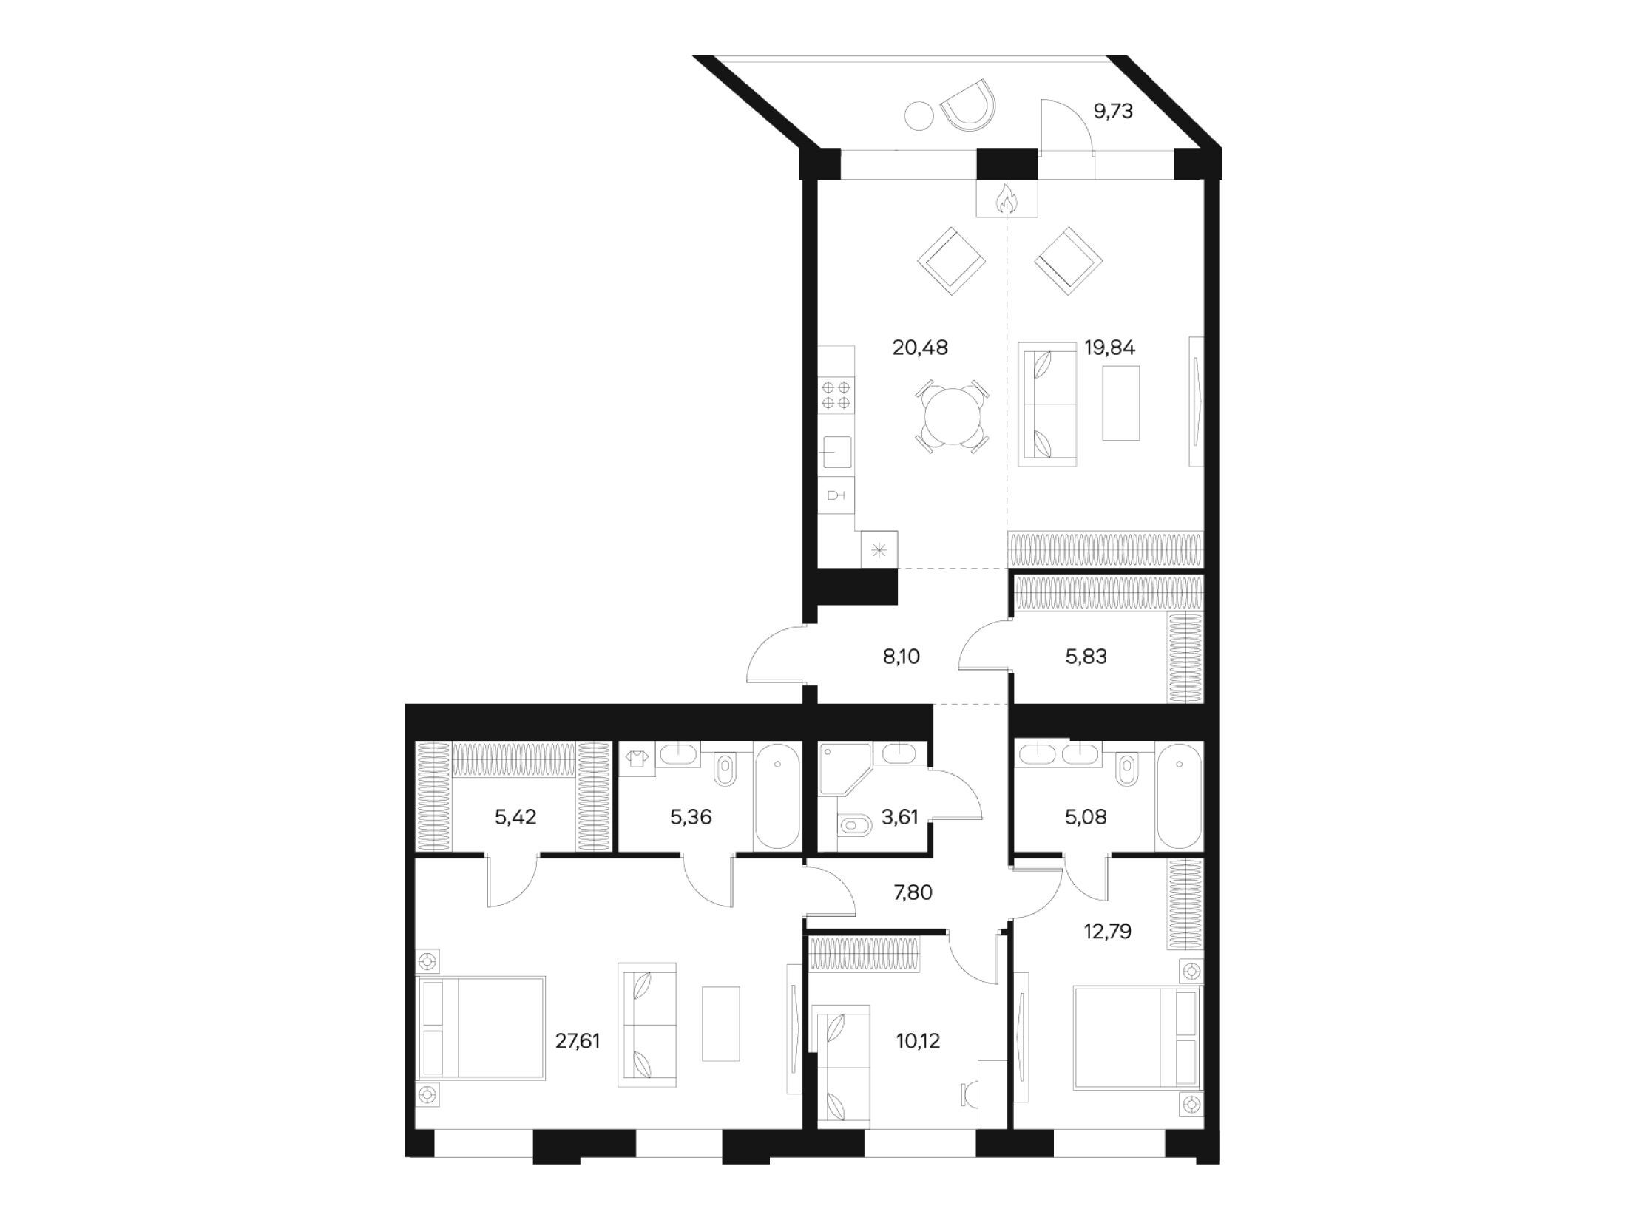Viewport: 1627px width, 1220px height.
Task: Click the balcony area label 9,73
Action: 1113,112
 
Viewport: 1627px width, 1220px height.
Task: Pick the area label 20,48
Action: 920,348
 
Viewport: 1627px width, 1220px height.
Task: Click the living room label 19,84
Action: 1109,348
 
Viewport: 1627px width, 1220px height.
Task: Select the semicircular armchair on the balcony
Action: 968,106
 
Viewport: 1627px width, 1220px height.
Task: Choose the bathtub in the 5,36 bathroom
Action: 777,796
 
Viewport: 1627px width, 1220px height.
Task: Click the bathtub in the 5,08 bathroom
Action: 1180,796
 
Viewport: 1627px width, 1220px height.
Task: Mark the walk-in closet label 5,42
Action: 515,817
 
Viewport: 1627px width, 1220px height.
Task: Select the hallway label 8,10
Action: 902,656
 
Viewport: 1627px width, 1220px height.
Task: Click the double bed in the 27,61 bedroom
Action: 481,1028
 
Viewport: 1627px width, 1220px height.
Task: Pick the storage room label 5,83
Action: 1086,656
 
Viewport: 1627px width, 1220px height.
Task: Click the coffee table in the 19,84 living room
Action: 1120,404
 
